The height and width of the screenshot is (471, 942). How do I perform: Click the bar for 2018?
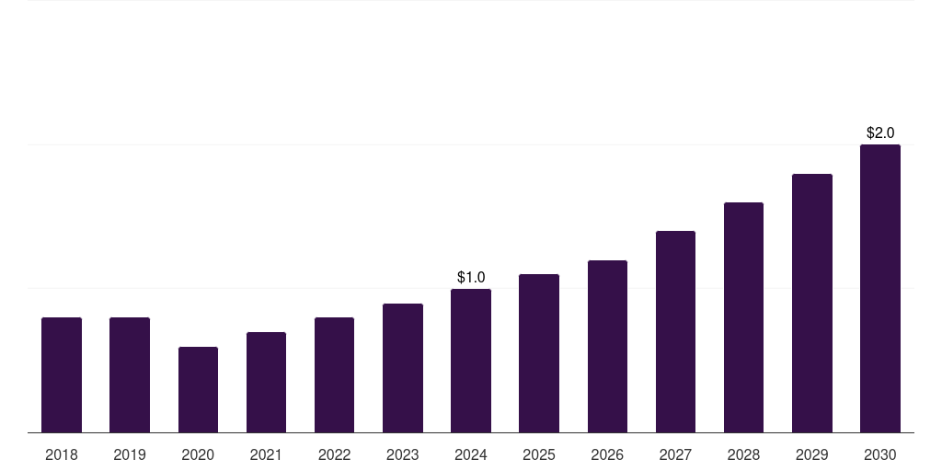(x=62, y=374)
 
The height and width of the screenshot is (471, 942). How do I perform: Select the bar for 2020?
(x=198, y=389)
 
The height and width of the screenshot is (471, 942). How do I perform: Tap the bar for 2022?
(x=334, y=374)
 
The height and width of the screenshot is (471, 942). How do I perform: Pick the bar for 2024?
(x=471, y=361)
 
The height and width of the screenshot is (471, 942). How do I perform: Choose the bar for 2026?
(x=607, y=346)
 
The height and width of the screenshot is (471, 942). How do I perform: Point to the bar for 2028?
(x=743, y=317)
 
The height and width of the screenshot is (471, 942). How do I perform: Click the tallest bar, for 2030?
(x=880, y=288)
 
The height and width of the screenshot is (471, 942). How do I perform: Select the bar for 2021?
(x=266, y=382)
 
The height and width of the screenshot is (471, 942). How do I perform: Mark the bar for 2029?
(x=812, y=303)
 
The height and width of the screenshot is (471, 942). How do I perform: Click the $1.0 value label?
(x=471, y=277)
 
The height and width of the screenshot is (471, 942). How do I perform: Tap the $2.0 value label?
(x=880, y=133)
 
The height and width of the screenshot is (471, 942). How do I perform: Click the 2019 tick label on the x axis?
(x=130, y=454)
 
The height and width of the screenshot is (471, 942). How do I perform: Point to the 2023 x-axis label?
(x=403, y=454)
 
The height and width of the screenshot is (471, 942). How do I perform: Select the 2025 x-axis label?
(x=539, y=454)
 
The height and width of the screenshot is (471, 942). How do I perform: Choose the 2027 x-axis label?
(x=675, y=454)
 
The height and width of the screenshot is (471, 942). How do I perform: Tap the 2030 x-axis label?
(x=880, y=454)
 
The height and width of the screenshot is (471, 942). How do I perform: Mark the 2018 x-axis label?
(x=62, y=454)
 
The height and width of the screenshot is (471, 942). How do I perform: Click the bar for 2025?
(x=539, y=353)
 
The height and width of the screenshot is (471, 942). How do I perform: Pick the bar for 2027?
(x=675, y=331)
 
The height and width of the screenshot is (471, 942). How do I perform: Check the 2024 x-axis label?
(x=471, y=454)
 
